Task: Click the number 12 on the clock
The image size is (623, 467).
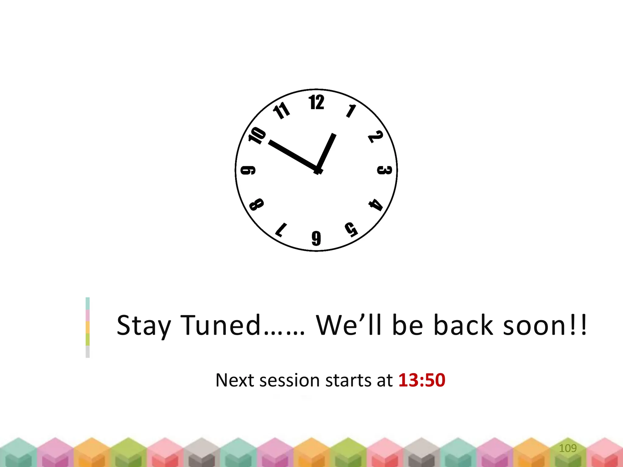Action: pyautogui.click(x=316, y=102)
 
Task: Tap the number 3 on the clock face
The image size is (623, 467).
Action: pyautogui.click(x=384, y=170)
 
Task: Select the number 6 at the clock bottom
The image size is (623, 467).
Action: pyautogui.click(x=316, y=238)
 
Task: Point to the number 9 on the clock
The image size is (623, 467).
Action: pyautogui.click(x=248, y=170)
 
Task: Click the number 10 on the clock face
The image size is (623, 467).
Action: pyautogui.click(x=257, y=135)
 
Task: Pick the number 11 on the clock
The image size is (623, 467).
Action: pyautogui.click(x=281, y=111)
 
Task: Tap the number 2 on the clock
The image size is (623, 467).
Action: pyautogui.click(x=375, y=137)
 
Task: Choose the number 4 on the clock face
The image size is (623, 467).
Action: pyautogui.click(x=376, y=205)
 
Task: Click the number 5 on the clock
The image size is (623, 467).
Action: pyautogui.click(x=351, y=229)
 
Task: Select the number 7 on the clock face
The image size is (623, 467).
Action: pyautogui.click(x=281, y=230)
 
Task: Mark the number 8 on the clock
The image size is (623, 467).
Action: pyautogui.click(x=256, y=204)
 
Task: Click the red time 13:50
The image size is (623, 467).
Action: pyautogui.click(x=422, y=380)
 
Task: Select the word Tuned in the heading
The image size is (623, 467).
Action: pyautogui.click(x=221, y=325)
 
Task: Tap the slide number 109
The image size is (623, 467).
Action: pyautogui.click(x=568, y=448)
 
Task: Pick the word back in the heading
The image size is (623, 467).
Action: pyautogui.click(x=463, y=325)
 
